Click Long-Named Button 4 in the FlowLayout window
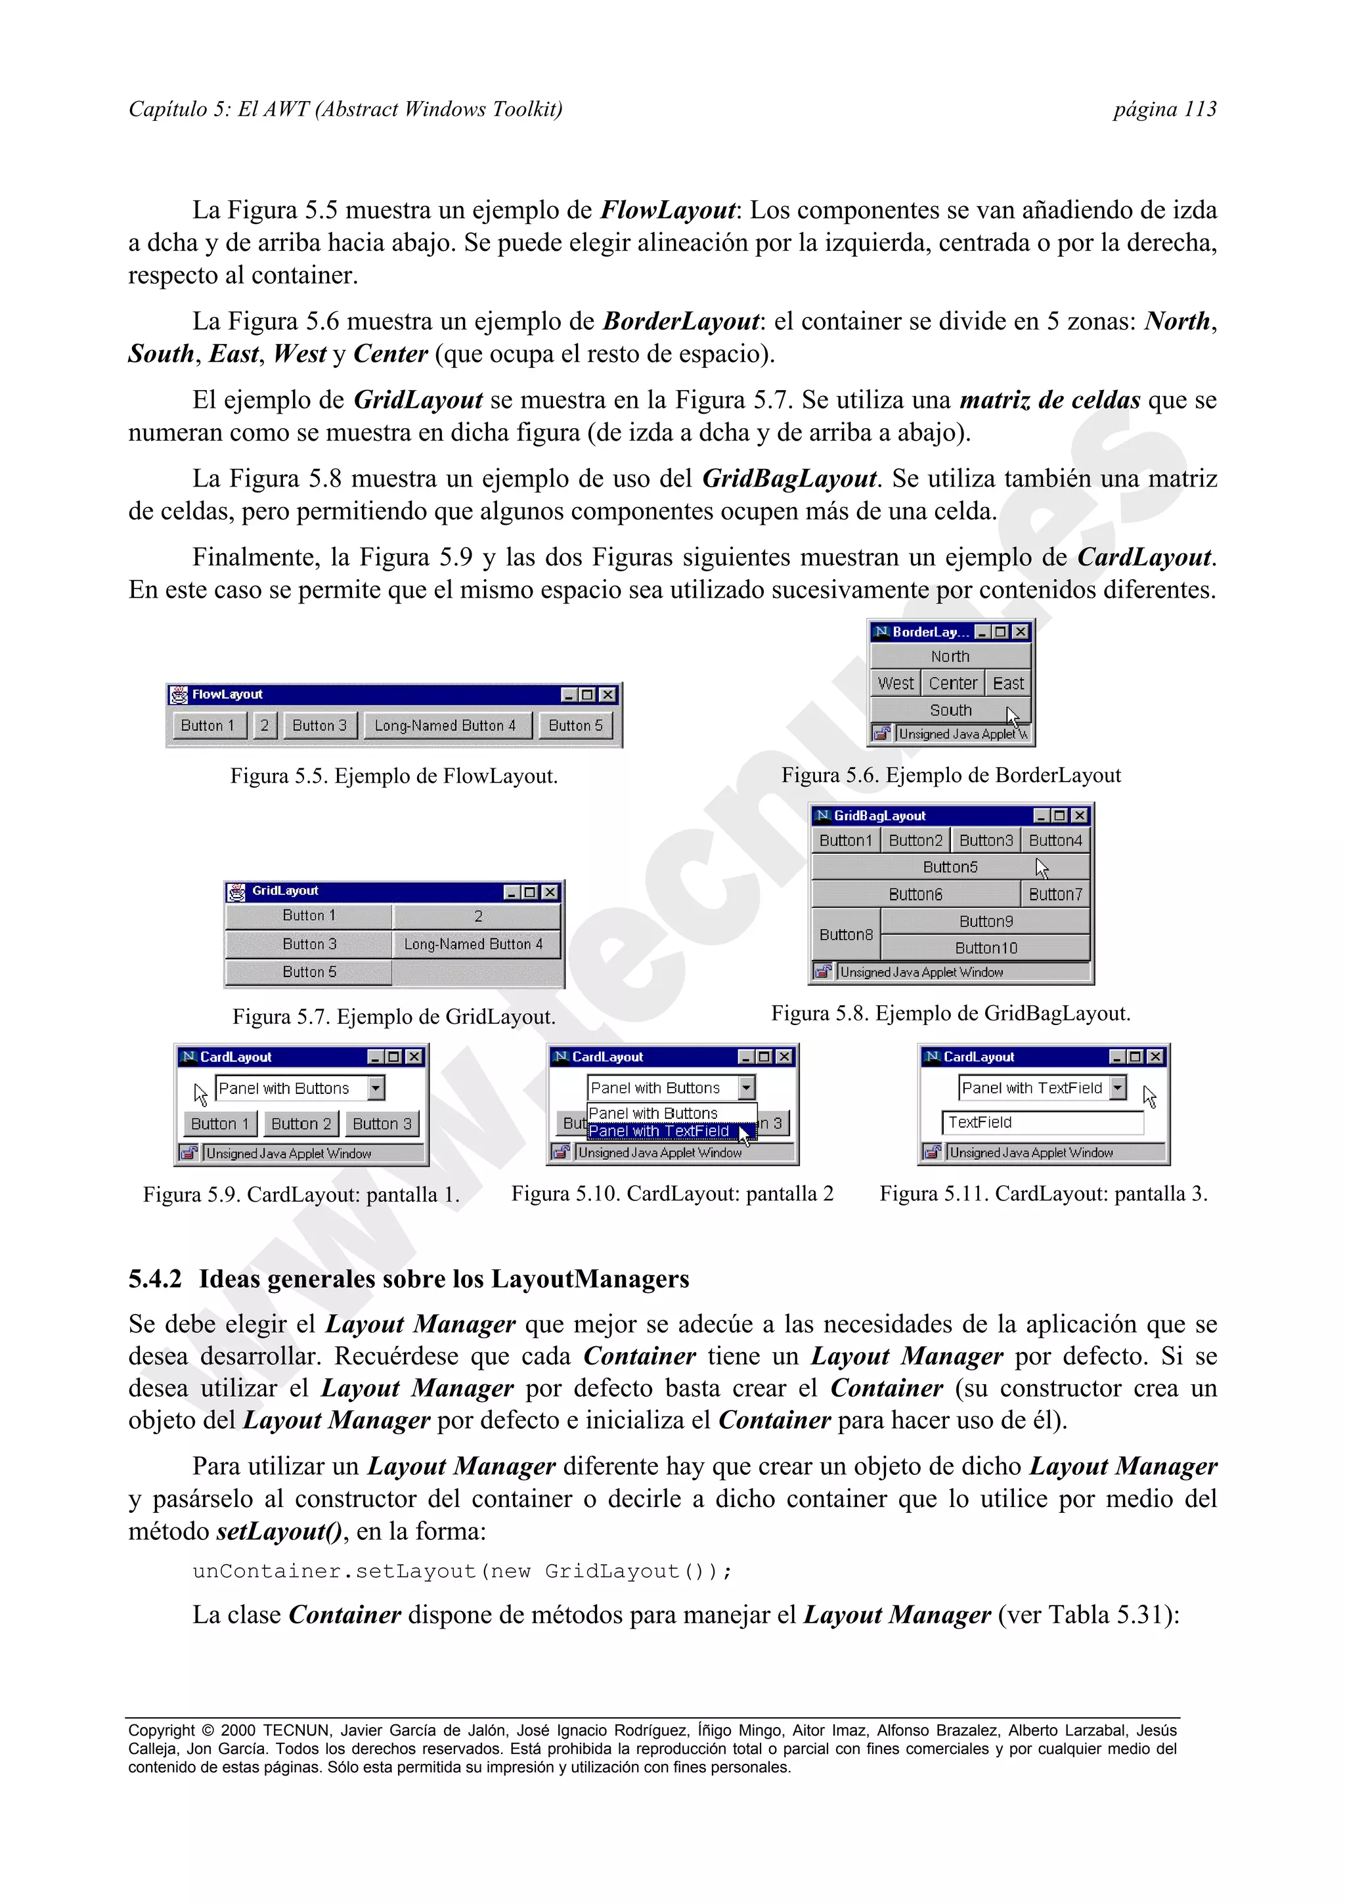445,725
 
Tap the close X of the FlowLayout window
607,695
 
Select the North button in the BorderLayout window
950,657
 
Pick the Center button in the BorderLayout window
953,684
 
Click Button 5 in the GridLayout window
309,971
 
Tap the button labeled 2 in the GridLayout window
477,916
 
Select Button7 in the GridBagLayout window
1055,894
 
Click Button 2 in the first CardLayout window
301,1124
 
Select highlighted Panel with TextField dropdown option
659,1131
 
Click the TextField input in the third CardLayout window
1042,1122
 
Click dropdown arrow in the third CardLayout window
1118,1087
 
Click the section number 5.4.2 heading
155,1279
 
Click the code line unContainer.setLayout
462,1571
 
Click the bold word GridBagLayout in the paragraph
789,479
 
